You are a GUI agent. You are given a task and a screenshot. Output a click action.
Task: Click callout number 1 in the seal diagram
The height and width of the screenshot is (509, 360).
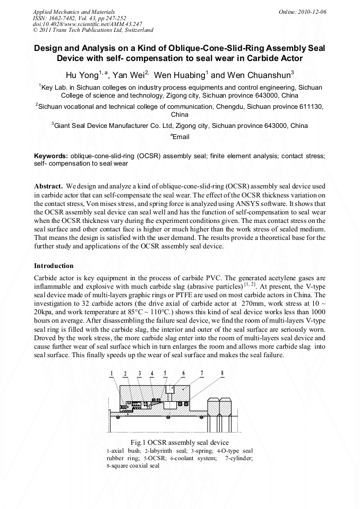(113, 374)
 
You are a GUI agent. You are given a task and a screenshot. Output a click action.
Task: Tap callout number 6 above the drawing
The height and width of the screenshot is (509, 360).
(184, 374)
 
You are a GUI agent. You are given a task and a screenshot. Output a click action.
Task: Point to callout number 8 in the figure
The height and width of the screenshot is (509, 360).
(222, 374)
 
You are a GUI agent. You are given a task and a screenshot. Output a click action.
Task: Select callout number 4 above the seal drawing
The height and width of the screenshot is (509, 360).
(152, 374)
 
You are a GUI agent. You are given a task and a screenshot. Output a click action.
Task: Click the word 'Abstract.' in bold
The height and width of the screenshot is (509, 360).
(49, 187)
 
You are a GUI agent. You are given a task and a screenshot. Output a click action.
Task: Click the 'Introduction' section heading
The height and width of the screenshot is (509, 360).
(54, 265)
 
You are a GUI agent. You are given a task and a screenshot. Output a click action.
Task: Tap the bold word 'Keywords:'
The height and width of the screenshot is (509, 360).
(51, 157)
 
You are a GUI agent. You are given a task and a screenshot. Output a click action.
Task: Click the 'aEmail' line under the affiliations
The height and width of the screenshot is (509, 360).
(179, 137)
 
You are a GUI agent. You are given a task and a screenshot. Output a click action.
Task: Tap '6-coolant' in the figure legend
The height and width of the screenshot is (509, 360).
(182, 458)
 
